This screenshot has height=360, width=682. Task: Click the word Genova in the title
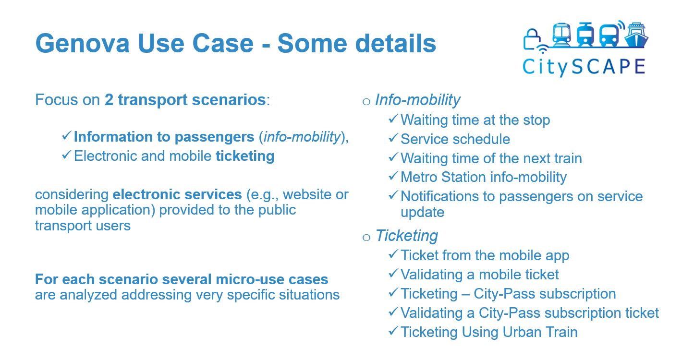[83, 43]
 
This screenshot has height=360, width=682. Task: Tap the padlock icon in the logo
[532, 39]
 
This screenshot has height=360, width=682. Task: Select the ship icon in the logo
[636, 36]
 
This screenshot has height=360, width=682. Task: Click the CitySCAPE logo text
[584, 67]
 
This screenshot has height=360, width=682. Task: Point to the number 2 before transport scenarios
[109, 100]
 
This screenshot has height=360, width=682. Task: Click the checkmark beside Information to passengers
[66, 135]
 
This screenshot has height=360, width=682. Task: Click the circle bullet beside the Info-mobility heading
[366, 101]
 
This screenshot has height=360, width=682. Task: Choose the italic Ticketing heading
[406, 236]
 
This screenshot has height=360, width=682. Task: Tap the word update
[422, 213]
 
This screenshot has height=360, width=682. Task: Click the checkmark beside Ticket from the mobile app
[393, 254]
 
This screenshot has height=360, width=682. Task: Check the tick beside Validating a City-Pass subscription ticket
[393, 312]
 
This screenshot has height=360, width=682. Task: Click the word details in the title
[395, 43]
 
